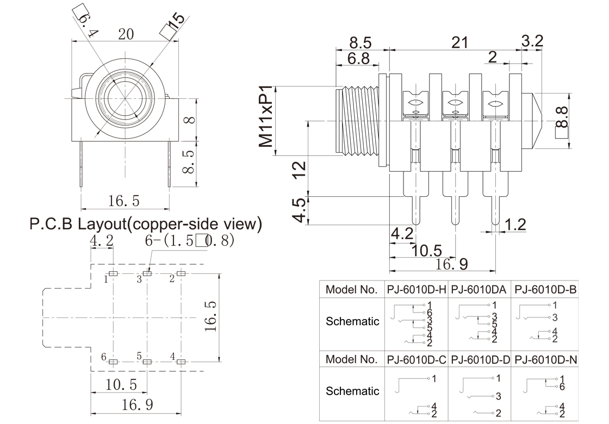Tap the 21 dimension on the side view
[459, 42]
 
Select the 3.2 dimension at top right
[532, 40]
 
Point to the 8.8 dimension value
[561, 117]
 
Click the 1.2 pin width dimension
[516, 225]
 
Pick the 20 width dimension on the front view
[126, 34]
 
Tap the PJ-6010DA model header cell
[479, 289]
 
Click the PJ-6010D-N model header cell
[545, 359]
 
